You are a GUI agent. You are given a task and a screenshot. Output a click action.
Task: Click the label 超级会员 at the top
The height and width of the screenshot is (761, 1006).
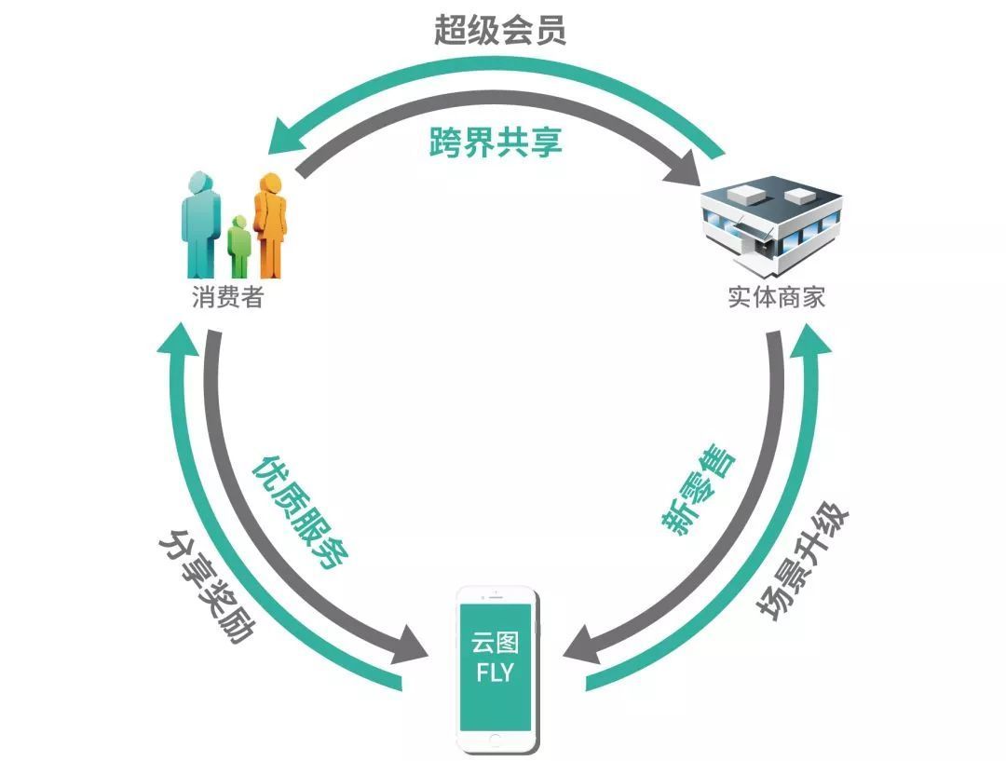click(x=500, y=31)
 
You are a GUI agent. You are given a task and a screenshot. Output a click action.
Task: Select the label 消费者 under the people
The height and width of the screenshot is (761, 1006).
click(x=227, y=298)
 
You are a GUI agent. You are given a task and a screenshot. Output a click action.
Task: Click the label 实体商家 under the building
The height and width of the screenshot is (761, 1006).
click(x=776, y=298)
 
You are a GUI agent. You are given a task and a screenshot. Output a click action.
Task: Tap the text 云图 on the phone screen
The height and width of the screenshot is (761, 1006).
click(x=496, y=644)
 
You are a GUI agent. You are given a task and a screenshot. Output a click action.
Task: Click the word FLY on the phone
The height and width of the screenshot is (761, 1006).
click(x=496, y=673)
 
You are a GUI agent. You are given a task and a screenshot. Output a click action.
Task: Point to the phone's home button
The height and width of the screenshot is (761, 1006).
click(x=496, y=741)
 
